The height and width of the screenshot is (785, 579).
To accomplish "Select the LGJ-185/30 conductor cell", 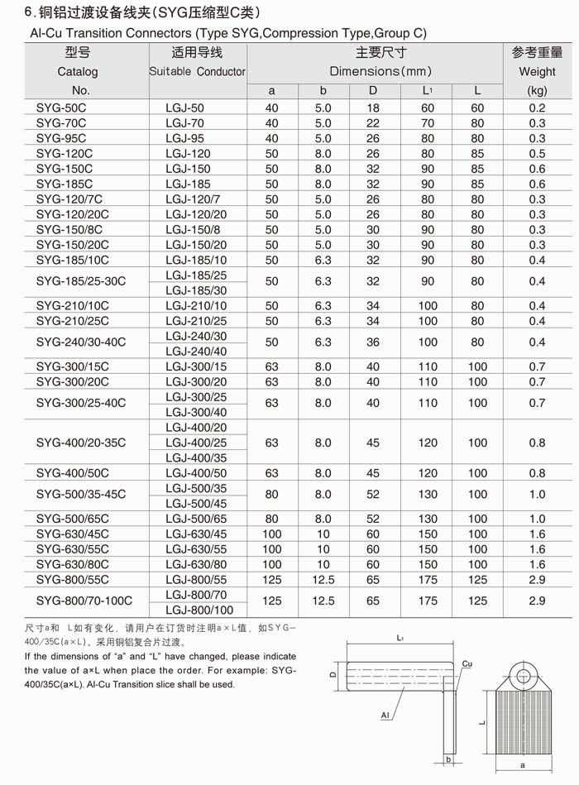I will tap(196, 290).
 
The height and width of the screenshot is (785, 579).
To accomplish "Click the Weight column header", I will tap(537, 71).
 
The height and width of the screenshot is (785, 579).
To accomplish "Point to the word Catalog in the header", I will tap(78, 71).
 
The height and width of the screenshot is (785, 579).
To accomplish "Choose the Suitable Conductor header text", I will tap(197, 71).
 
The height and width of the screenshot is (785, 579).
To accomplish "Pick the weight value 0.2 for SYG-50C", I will tap(537, 108).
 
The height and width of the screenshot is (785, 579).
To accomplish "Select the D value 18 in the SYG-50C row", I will tap(373, 108).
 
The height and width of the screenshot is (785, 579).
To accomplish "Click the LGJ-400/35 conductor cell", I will tap(196, 457).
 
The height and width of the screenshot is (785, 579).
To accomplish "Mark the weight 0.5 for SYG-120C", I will tap(537, 154).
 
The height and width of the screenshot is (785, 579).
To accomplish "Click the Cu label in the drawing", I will tap(467, 664).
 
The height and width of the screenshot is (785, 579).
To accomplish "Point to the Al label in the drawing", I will tap(385, 715).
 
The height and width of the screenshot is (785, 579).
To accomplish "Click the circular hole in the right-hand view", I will tap(523, 676).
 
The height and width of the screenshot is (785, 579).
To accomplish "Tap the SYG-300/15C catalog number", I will tap(72, 366).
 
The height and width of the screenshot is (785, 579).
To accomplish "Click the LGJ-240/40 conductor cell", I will tap(196, 351).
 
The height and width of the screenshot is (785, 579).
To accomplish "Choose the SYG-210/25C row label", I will tap(72, 321).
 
